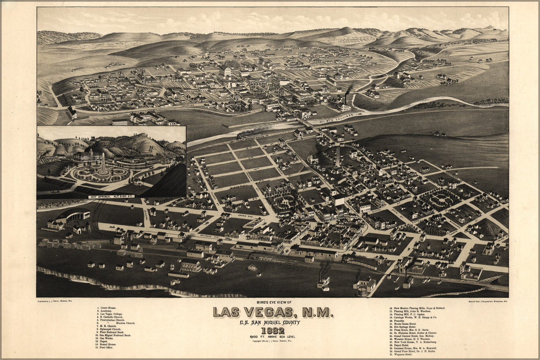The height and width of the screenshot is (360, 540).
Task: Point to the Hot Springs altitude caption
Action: point(111,197)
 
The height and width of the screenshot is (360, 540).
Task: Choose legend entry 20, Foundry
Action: point(397,320)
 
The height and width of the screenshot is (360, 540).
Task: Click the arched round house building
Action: point(76,215)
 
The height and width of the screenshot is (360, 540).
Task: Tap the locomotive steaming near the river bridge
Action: point(249,135)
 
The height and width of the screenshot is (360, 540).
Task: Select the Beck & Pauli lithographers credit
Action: point(485,300)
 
